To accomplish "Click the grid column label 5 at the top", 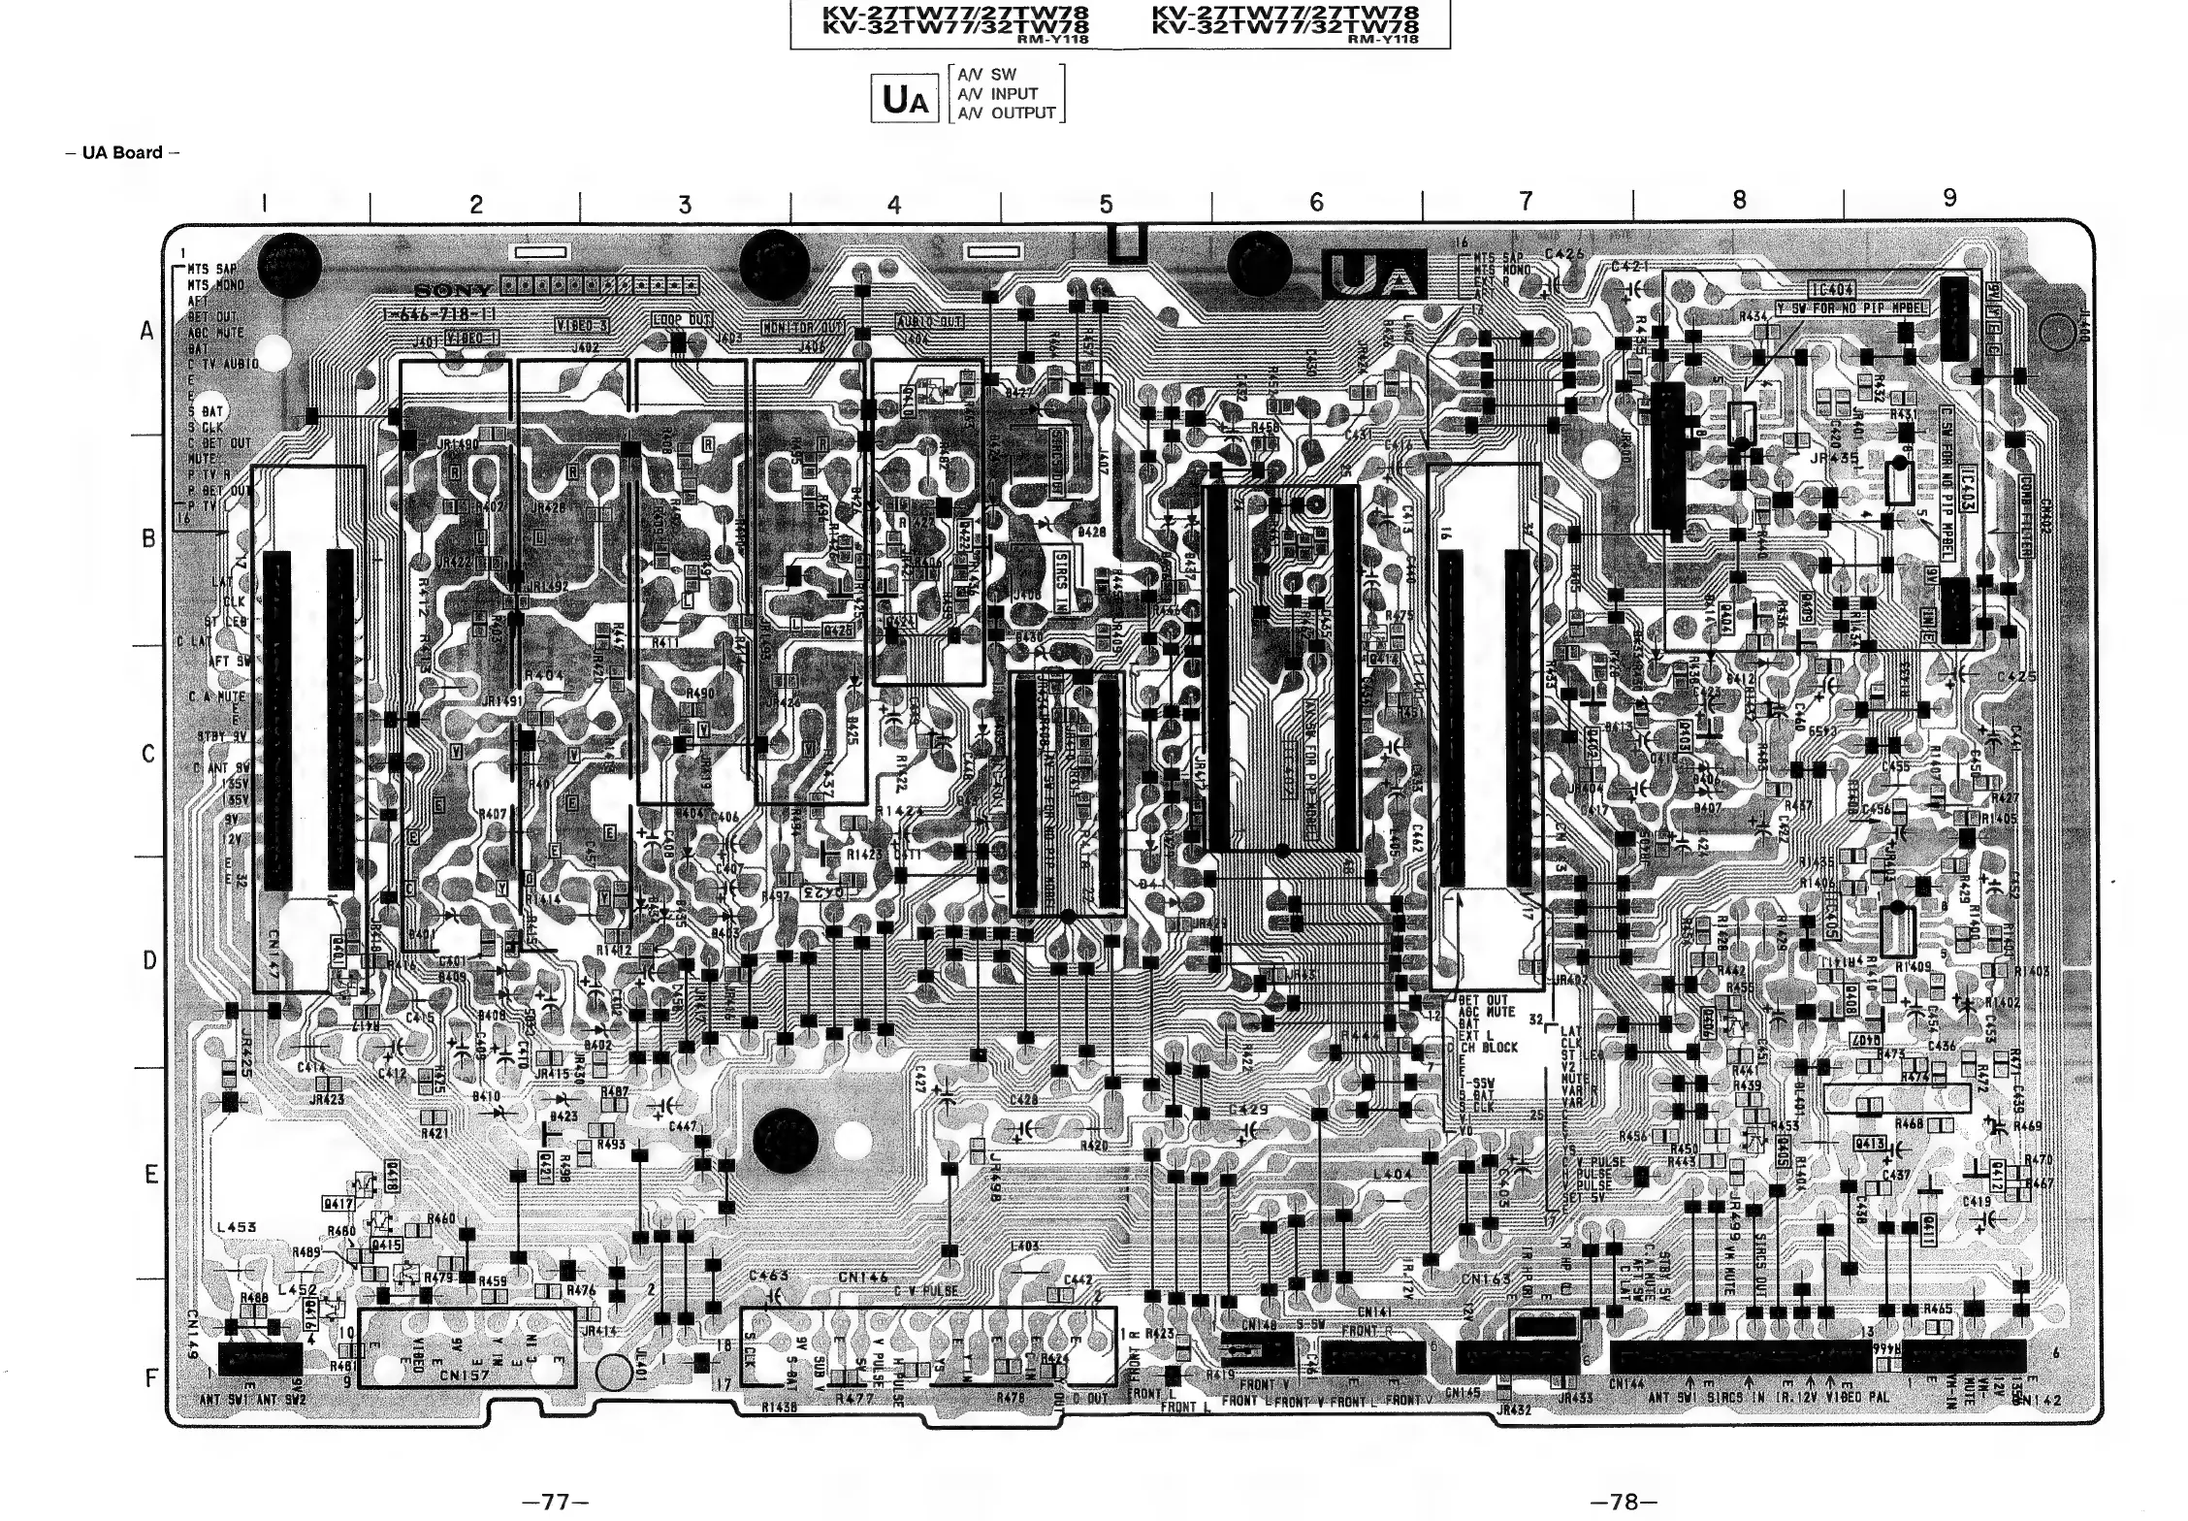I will coord(1106,205).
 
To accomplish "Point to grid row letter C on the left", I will coord(148,754).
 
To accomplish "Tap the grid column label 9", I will coord(1949,199).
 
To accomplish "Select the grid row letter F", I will coord(150,1377).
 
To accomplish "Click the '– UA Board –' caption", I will coord(123,152).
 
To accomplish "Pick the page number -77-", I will coord(556,1503).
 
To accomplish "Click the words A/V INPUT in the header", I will coord(998,94).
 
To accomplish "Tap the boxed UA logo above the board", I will coord(905,100).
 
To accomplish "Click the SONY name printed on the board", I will coord(455,291).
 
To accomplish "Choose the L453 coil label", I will coord(236,1227).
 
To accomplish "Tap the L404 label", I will coord(1393,1174).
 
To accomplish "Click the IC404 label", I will coord(1831,289).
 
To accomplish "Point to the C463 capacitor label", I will coord(768,1277).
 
